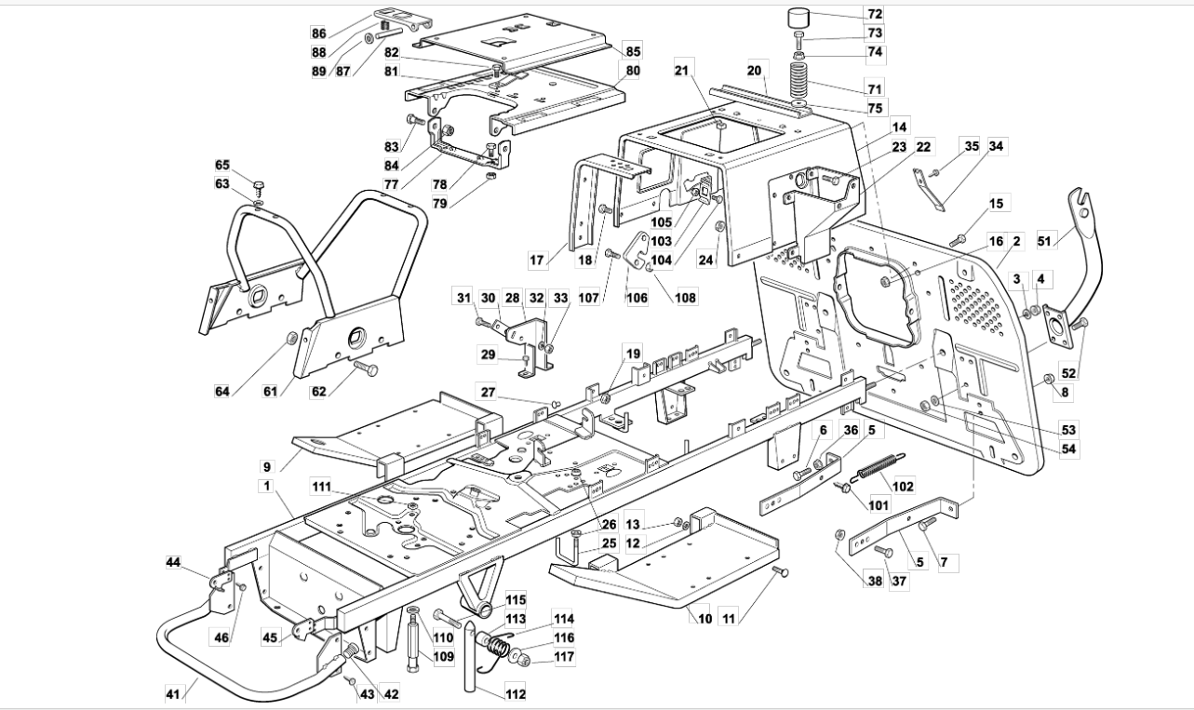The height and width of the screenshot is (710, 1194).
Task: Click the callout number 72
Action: pyautogui.click(x=875, y=14)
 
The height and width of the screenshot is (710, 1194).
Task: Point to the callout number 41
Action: pyautogui.click(x=173, y=694)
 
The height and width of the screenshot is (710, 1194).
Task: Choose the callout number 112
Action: pyautogui.click(x=516, y=693)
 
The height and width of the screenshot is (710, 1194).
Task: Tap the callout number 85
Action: pyautogui.click(x=633, y=51)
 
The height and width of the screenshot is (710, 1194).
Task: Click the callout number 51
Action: pyautogui.click(x=1043, y=241)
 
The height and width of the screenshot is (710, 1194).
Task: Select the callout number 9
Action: pyautogui.click(x=266, y=466)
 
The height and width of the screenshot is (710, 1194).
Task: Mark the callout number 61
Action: pyautogui.click(x=270, y=391)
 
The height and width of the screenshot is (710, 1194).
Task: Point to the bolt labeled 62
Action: pyautogui.click(x=366, y=368)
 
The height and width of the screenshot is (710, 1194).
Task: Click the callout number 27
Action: pyautogui.click(x=488, y=392)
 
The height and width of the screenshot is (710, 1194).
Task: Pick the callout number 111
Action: pyautogui.click(x=321, y=487)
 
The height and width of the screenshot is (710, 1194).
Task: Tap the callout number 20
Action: pyautogui.click(x=754, y=71)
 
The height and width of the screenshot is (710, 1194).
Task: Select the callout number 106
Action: pyautogui.click(x=637, y=297)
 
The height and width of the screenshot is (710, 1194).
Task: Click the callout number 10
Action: pyautogui.click(x=704, y=618)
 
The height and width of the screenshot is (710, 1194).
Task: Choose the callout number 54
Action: pyautogui.click(x=1068, y=449)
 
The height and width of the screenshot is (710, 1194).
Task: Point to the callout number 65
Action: pyautogui.click(x=221, y=165)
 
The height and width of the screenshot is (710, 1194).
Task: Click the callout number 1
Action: pyautogui.click(x=266, y=486)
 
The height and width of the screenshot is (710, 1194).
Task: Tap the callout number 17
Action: pyautogui.click(x=536, y=260)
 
